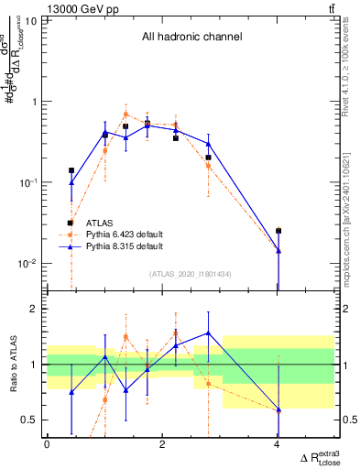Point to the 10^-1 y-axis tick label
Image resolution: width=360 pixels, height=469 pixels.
(29, 182)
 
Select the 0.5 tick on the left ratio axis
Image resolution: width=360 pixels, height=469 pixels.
(33, 420)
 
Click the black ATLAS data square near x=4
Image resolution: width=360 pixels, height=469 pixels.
(278, 231)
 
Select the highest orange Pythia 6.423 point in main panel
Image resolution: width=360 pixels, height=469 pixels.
(125, 115)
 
